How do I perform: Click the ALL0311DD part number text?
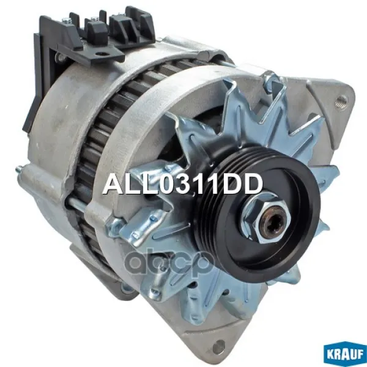click(x=182, y=185)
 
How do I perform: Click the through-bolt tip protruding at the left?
click(x=18, y=168)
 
